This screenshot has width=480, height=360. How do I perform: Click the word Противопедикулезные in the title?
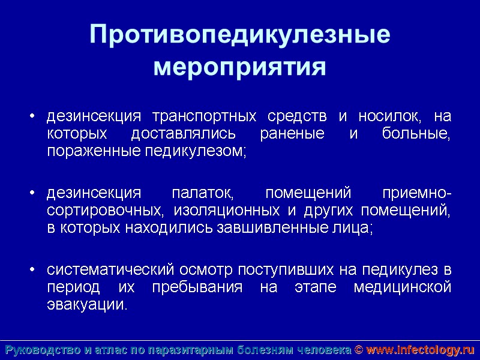pos(240,35)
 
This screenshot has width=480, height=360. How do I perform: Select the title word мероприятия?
pos(240,66)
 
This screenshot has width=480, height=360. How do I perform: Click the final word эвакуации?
pos(87,305)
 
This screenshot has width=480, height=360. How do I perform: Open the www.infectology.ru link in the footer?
pos(420,350)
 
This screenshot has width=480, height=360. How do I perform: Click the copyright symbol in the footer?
pos(358,350)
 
